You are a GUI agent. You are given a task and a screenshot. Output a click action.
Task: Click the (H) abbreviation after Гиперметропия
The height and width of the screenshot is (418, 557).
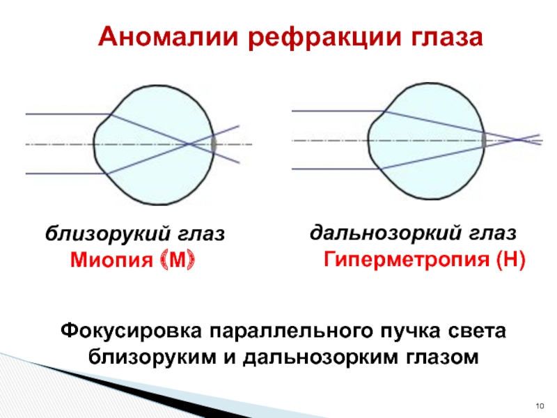coord(510,261)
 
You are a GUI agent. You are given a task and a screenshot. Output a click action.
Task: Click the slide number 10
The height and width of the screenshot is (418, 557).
coord(538,405)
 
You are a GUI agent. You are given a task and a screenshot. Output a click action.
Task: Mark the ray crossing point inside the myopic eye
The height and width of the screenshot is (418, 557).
coord(189,144)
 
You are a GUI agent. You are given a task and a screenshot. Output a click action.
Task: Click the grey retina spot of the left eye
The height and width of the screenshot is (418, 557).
coord(214,144)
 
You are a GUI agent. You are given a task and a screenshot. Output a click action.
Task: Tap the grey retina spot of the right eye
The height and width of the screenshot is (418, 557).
coord(483,139)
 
